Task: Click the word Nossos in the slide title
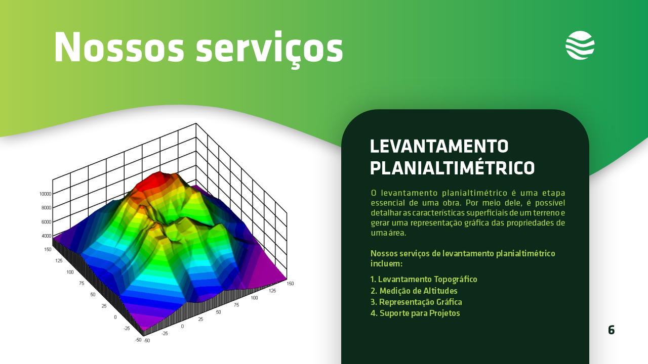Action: (x=119, y=47)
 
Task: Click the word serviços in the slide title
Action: (x=269, y=49)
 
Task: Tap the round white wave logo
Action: (x=580, y=45)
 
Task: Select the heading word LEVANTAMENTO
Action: (x=439, y=146)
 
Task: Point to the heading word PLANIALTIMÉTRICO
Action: (x=453, y=168)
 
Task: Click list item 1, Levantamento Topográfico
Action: (x=424, y=280)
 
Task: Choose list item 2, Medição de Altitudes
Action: (x=414, y=291)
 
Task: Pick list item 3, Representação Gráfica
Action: (x=416, y=302)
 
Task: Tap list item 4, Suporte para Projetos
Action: (x=415, y=313)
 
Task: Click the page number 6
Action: (x=611, y=330)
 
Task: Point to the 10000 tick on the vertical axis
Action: (x=46, y=194)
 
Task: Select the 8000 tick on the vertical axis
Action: (x=46, y=208)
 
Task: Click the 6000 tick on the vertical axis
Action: (x=46, y=222)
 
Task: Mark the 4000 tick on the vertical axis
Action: (x=46, y=236)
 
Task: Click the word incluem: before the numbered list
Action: (x=386, y=264)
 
